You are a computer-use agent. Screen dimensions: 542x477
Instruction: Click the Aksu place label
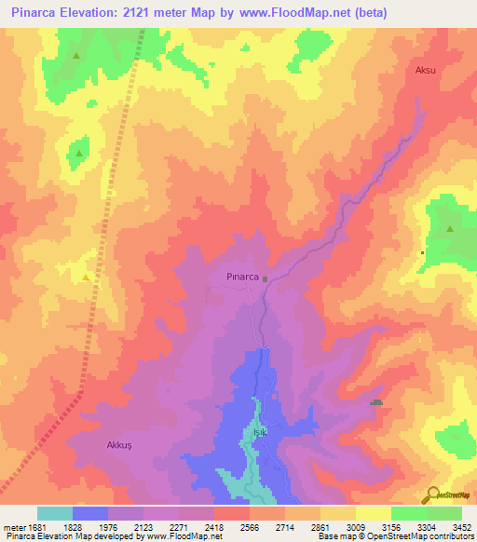click(426, 70)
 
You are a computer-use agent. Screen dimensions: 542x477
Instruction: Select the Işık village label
click(260, 433)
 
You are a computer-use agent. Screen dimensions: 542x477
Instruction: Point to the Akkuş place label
click(121, 445)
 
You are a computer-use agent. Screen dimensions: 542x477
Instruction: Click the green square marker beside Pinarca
click(265, 278)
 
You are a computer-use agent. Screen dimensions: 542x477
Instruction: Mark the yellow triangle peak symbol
click(87, 278)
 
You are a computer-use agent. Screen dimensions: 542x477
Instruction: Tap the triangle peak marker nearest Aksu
click(450, 229)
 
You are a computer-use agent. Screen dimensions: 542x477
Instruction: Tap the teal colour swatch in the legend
click(55, 513)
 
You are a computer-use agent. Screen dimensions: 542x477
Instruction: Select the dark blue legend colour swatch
click(90, 513)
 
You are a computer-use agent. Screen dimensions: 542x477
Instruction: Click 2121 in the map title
click(140, 14)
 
